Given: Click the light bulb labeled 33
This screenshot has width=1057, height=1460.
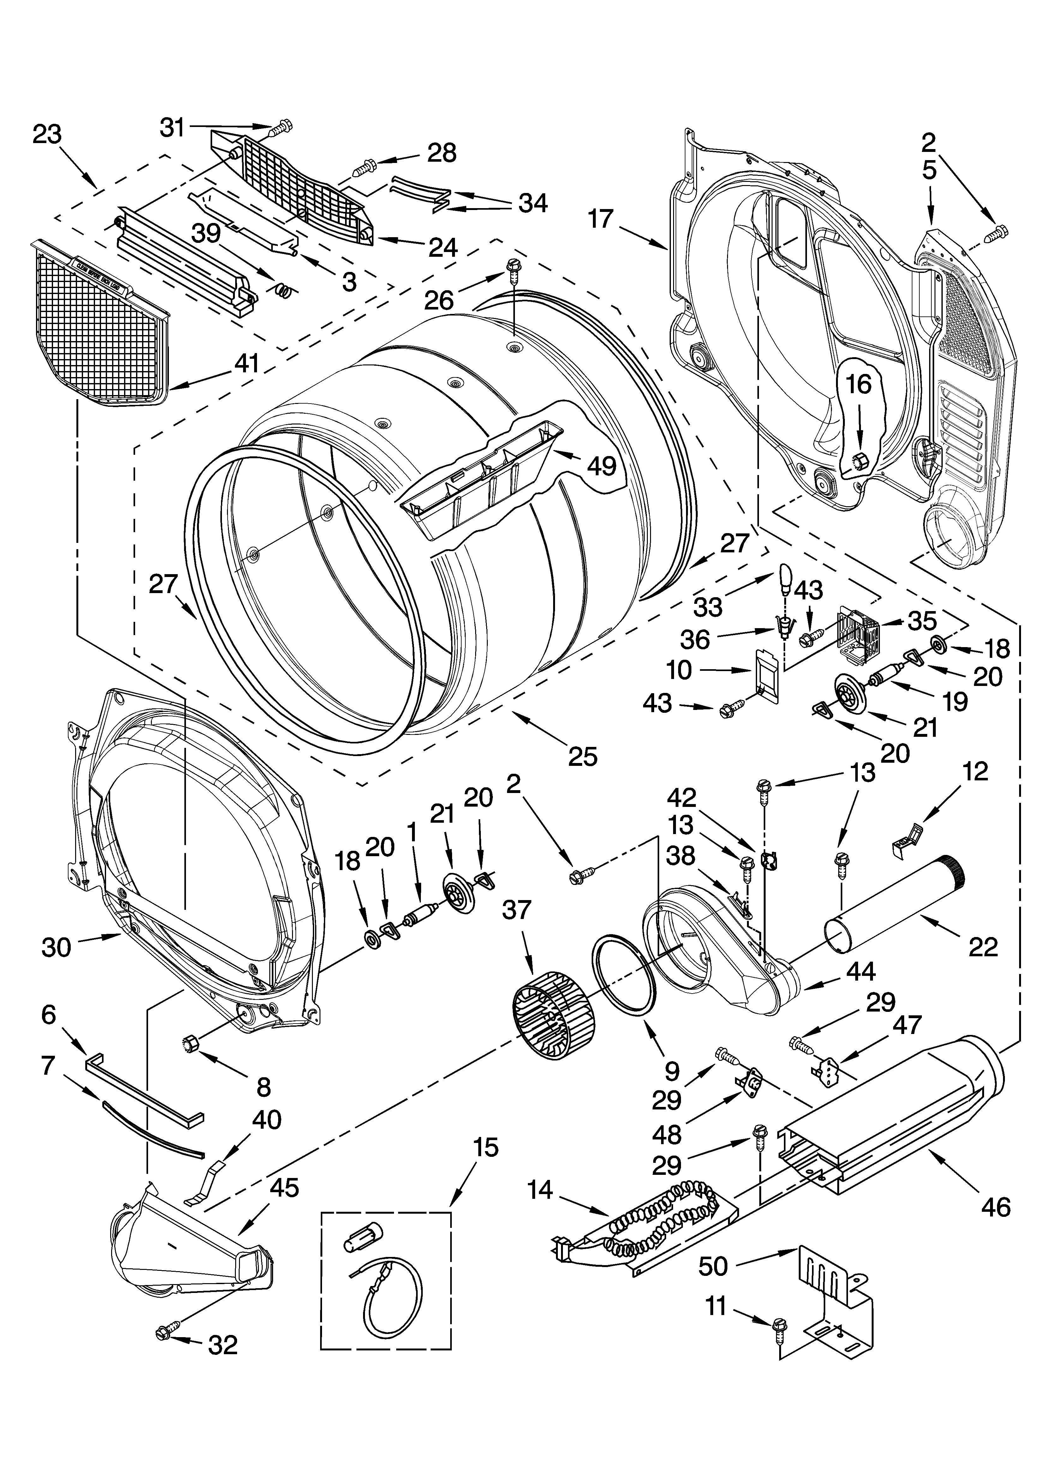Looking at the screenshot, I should (x=785, y=575).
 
